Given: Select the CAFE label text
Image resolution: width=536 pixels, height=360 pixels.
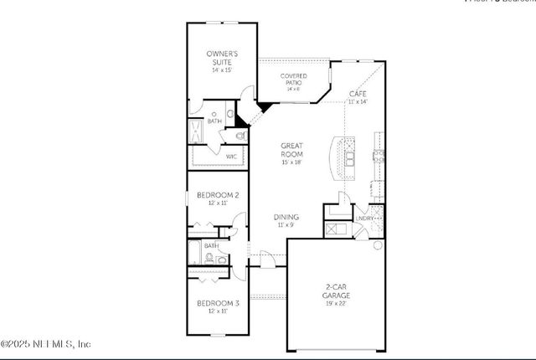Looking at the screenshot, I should point(358,94).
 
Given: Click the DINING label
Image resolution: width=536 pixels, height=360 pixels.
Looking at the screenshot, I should point(286,217).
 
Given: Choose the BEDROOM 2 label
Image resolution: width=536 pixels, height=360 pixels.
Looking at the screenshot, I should point(218,195).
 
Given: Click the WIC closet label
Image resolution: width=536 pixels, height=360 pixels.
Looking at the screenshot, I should point(230,156).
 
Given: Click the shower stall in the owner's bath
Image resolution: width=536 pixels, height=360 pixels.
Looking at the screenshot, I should point(197,131).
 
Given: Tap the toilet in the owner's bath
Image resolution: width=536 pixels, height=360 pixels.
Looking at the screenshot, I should point(240,135).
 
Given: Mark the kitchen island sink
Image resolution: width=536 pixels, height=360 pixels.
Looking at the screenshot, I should point(349,157).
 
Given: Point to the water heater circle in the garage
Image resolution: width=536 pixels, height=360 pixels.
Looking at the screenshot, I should point(378,245).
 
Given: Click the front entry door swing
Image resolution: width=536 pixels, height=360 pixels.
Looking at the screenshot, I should point(266,260).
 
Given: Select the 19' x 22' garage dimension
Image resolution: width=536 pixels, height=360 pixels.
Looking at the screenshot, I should point(337,304).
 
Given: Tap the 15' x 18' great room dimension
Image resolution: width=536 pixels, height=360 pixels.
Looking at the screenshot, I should point(291,162).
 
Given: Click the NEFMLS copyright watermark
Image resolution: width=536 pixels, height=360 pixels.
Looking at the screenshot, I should point(46,344).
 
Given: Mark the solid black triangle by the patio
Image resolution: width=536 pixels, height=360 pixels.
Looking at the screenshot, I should point(263,106).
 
